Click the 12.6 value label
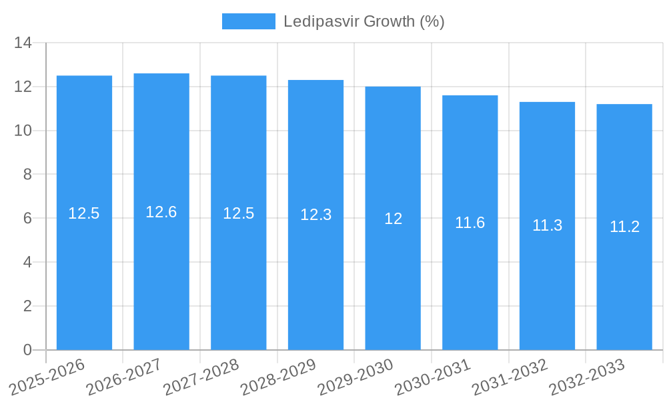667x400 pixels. click(x=161, y=212)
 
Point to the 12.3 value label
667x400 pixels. click(x=315, y=215)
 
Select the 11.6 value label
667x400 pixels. click(x=470, y=223)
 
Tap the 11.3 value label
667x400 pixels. click(x=547, y=225)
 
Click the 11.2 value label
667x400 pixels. click(x=624, y=227)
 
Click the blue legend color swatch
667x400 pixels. click(x=248, y=21)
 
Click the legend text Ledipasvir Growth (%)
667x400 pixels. click(x=364, y=21)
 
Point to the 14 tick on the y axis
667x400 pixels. click(x=23, y=43)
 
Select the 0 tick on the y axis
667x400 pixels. click(x=27, y=350)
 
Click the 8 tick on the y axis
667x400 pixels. click(x=27, y=175)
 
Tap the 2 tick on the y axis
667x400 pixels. click(x=27, y=306)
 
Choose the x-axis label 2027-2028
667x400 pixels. click(x=201, y=377)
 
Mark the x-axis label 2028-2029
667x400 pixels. click(x=278, y=377)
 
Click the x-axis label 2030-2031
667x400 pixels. click(x=432, y=377)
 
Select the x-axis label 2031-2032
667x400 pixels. click(x=510, y=377)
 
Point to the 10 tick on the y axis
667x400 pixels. click(x=23, y=131)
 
